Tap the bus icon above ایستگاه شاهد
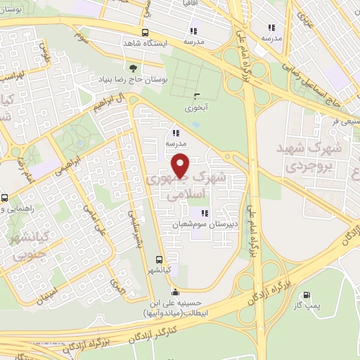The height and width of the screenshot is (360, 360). (x=145, y=32)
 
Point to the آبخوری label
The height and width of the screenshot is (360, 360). (x=195, y=109)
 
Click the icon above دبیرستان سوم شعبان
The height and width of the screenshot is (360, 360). (x=204, y=214)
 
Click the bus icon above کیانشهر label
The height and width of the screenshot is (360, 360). (x=161, y=259)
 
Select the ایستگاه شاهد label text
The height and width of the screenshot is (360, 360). (x=145, y=44)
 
